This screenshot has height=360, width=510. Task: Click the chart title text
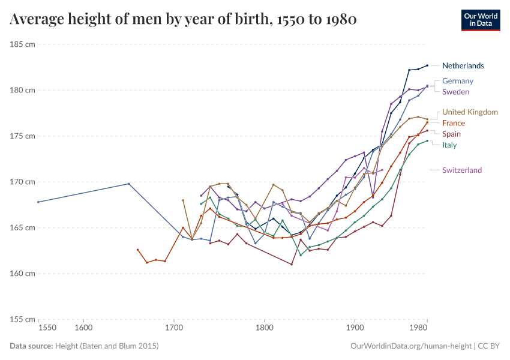[x=184, y=20]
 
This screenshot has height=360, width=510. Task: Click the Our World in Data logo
[x=480, y=20]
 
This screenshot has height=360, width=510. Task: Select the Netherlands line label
[x=463, y=65]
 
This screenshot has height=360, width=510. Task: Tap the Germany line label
[x=457, y=81]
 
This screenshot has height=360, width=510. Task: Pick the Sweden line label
[x=455, y=92]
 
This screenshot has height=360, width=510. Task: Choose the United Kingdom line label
[x=470, y=112]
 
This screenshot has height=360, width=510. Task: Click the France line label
[x=453, y=123]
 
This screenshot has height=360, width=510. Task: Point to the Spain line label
[x=451, y=134]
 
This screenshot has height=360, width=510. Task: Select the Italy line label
[x=449, y=145]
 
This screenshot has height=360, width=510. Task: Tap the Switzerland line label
[x=461, y=170]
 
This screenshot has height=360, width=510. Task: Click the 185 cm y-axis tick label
[x=22, y=44]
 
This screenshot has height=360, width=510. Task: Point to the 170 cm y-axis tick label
[x=22, y=182]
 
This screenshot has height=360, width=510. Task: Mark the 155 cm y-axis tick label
[x=22, y=319]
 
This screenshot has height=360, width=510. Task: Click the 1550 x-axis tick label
[x=47, y=328]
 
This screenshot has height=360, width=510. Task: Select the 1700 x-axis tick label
[x=174, y=328]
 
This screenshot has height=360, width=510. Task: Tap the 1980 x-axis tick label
[x=419, y=328]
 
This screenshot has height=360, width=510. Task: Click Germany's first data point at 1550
[x=38, y=202]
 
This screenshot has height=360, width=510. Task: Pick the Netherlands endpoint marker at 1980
[x=427, y=65]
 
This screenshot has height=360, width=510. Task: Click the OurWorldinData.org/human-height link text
[x=410, y=346]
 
